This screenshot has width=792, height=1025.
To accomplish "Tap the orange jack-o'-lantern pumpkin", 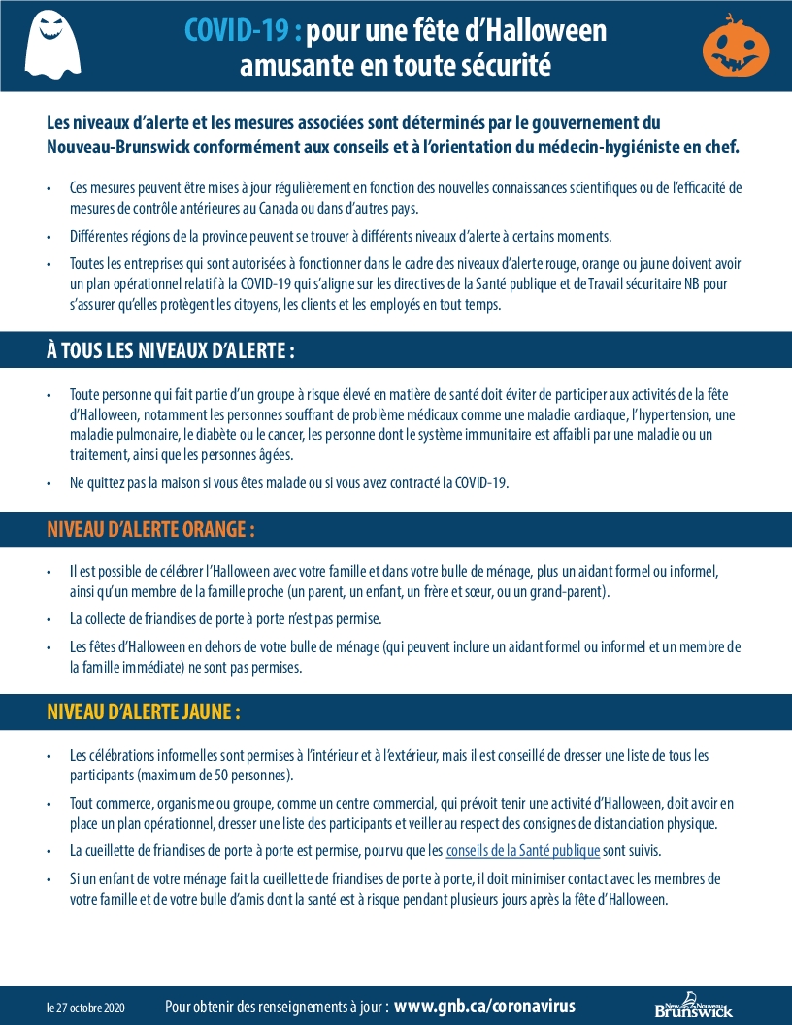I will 735,47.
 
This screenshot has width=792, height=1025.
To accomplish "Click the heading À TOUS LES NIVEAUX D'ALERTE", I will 171,350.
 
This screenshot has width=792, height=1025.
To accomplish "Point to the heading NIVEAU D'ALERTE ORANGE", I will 151,529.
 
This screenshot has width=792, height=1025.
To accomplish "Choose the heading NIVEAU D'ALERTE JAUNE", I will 144,711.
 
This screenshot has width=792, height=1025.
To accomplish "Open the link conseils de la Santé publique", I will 522,851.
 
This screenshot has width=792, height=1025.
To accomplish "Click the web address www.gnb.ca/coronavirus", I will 484,1007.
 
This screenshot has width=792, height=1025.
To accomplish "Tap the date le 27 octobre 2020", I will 85,1008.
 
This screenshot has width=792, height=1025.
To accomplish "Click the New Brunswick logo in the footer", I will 693,1007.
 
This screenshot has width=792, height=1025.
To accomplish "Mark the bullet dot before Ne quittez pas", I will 49,482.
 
